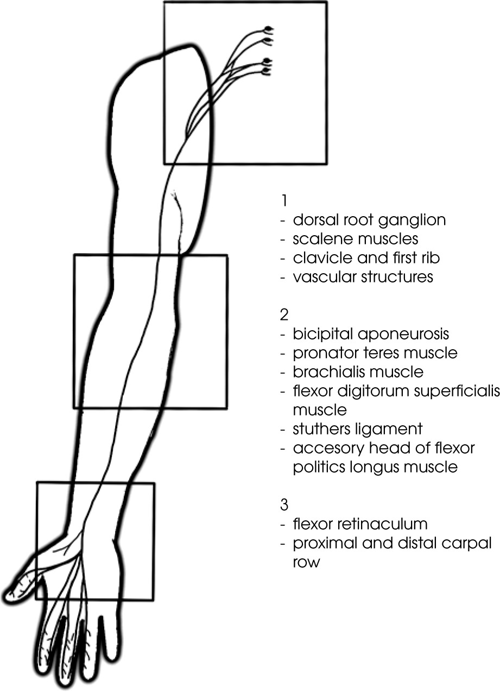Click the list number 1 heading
click(283, 201)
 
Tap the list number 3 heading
click(284, 504)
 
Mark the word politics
click(314, 467)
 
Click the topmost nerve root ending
click(268, 29)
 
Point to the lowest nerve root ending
click(267, 71)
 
